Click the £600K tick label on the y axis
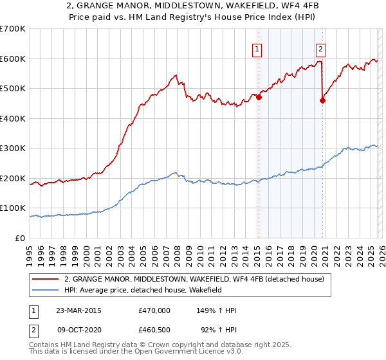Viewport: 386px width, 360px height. (x=13, y=59)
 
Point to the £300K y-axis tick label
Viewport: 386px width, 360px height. (x=13, y=148)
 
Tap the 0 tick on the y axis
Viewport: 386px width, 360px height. (x=21, y=238)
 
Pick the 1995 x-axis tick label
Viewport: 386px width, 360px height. (x=30, y=253)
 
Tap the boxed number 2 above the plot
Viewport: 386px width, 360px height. (x=320, y=48)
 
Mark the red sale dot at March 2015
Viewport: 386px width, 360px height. (x=259, y=98)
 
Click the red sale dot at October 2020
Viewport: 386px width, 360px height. (x=323, y=100)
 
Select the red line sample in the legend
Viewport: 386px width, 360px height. (x=46, y=279)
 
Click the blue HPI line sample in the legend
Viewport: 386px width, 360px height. (x=46, y=290)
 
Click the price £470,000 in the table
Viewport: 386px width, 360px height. (x=154, y=310)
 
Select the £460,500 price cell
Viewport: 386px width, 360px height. (x=154, y=331)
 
